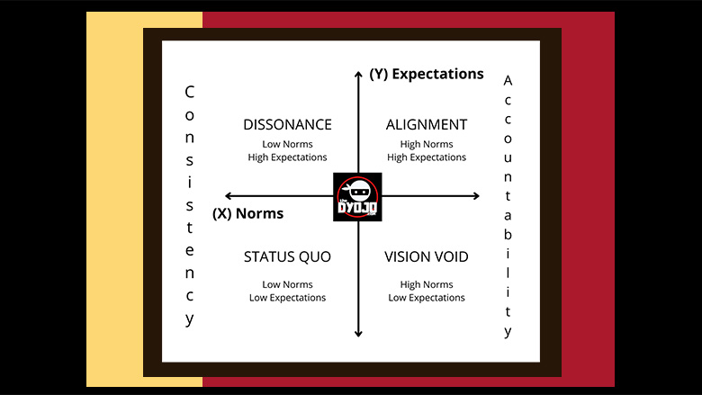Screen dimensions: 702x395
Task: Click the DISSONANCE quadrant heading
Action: tap(287, 124)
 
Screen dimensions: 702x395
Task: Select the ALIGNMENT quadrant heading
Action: tap(427, 124)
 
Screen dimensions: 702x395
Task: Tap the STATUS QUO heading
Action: tap(287, 256)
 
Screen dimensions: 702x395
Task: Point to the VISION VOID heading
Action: tap(427, 256)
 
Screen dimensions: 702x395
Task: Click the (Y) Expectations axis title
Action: tap(427, 74)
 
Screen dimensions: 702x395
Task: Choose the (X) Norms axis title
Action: tap(248, 213)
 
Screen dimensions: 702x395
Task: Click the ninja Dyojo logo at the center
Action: tap(357, 197)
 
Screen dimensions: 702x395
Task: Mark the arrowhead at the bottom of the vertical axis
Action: tap(358, 334)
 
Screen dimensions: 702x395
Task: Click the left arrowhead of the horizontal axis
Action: tap(228, 195)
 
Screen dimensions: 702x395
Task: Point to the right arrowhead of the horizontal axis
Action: tap(477, 195)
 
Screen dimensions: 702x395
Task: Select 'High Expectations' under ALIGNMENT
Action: tap(427, 157)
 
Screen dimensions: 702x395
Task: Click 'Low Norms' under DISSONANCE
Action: tap(287, 144)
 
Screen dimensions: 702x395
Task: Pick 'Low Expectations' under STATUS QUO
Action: tap(287, 298)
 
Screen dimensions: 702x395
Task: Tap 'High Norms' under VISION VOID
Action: tap(427, 284)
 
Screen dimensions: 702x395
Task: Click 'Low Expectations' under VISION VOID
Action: tap(427, 298)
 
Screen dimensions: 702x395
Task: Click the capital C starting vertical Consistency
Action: tap(189, 92)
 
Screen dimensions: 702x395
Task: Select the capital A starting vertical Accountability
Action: tap(508, 80)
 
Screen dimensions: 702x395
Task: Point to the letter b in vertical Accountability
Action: tap(508, 234)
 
